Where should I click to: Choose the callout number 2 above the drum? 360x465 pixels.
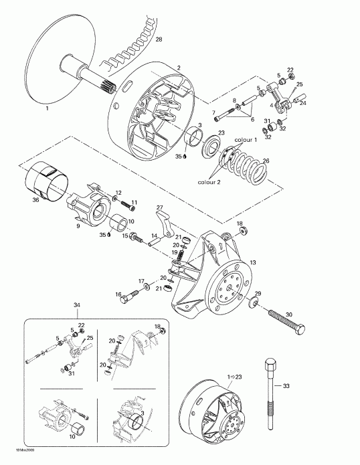(x=178, y=68)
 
